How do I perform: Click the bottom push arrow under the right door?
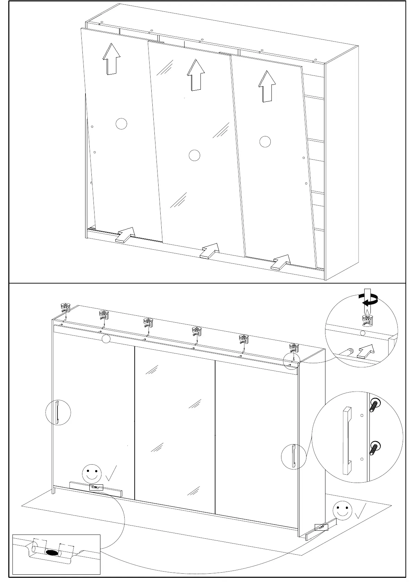point(281,262)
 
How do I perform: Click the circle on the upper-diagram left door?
point(121,124)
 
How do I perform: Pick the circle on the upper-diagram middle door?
point(195,155)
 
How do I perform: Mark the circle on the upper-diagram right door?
point(265,142)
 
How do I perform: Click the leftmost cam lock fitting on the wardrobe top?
point(65,307)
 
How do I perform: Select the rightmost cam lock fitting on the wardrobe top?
point(294,347)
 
